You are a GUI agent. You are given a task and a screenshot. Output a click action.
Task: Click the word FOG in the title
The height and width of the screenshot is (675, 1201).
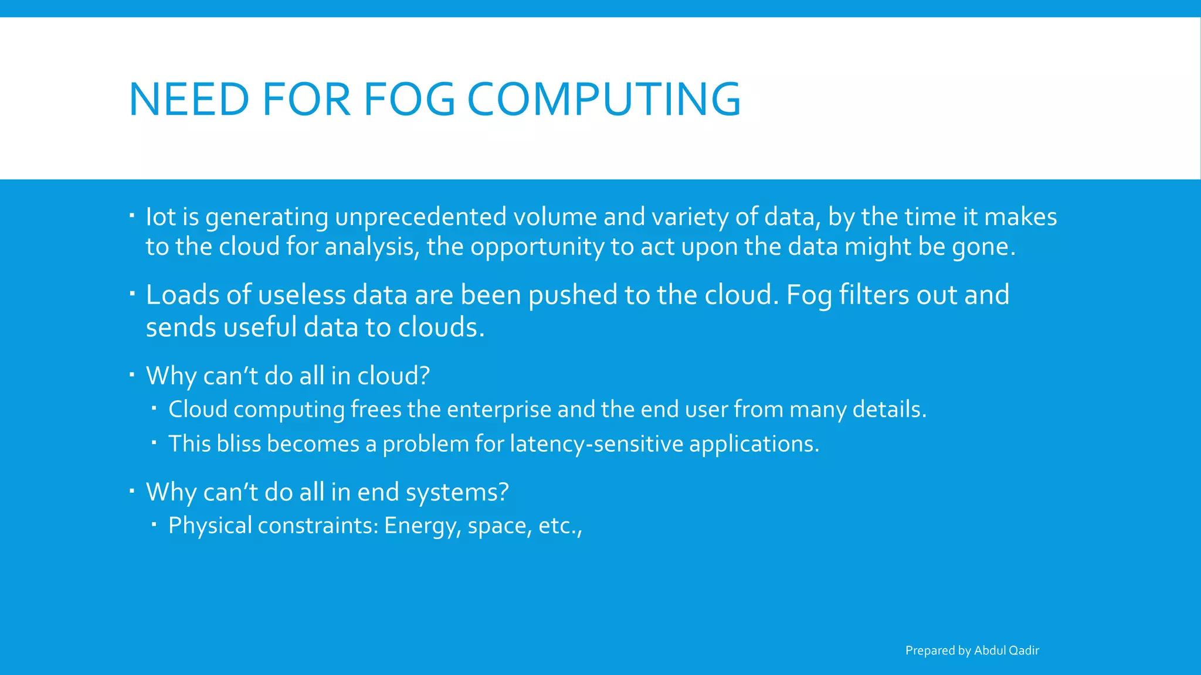[x=409, y=99]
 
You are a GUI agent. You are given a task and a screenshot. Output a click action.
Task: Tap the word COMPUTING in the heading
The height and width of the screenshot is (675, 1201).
[x=604, y=99]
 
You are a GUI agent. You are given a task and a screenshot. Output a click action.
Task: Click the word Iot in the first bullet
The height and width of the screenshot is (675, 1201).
[x=161, y=217]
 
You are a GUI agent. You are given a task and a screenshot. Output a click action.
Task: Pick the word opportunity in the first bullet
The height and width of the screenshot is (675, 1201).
[x=537, y=247]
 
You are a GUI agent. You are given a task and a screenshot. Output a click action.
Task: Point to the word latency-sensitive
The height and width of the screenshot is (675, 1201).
[x=596, y=444]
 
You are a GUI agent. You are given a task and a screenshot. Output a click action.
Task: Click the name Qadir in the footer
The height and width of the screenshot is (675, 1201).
[x=1023, y=650]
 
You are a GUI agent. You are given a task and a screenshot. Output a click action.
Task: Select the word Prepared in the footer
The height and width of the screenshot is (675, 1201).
[x=930, y=650]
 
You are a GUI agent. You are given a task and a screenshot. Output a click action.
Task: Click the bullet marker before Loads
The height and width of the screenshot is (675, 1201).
[x=133, y=291]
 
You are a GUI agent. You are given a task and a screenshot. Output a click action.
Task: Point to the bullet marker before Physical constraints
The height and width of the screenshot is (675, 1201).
[x=154, y=523]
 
